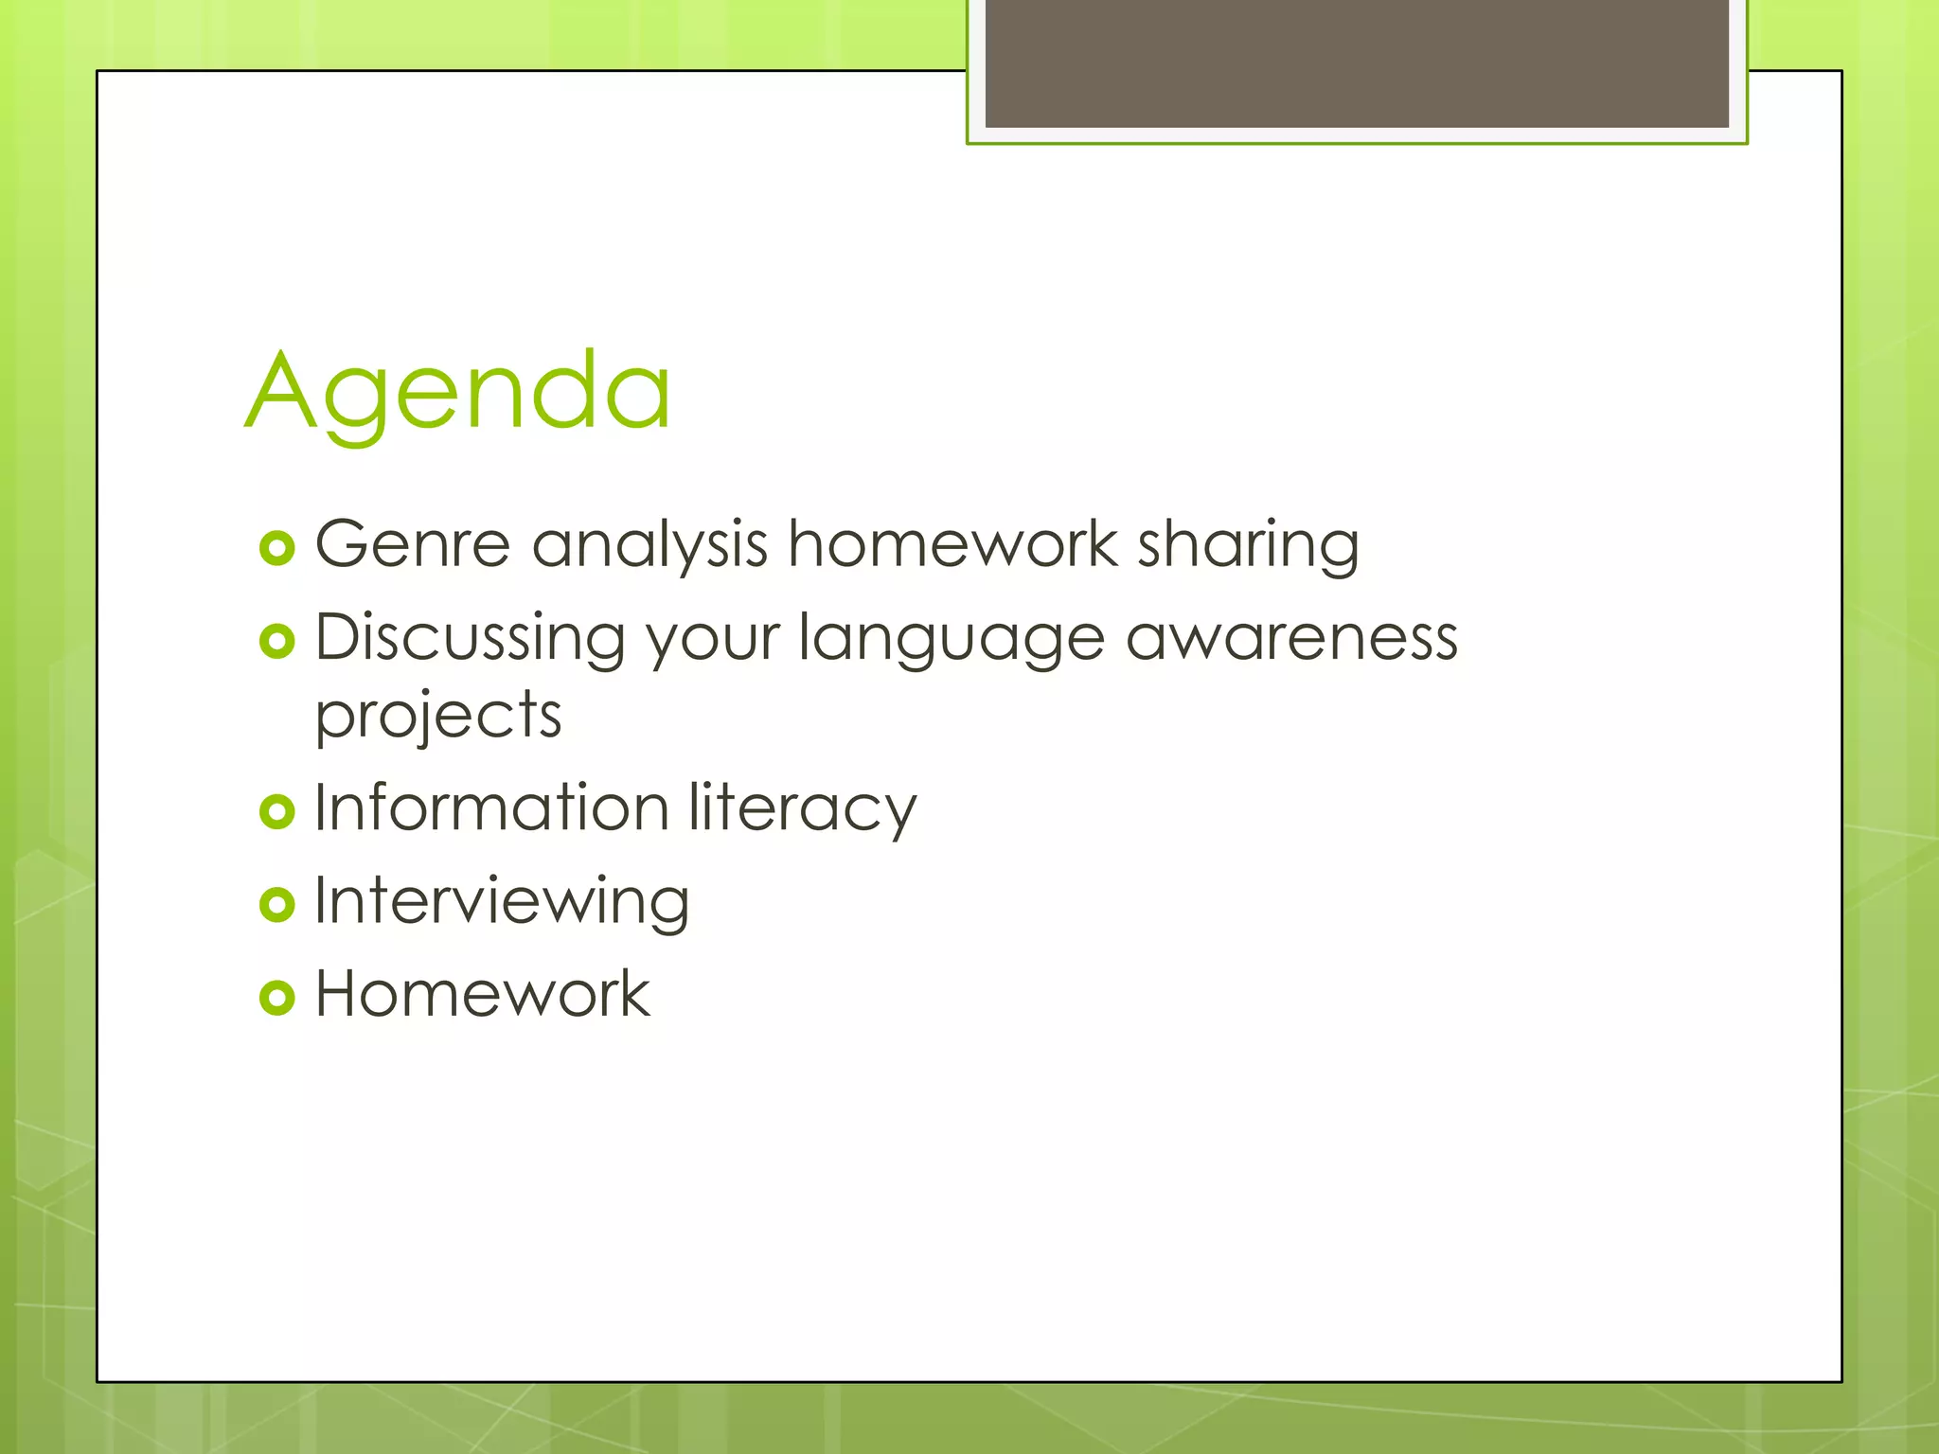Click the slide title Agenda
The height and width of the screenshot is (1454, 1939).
coord(458,391)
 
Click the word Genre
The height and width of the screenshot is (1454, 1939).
coord(413,545)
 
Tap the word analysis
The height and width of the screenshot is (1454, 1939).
coord(649,547)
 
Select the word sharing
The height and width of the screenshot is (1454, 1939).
coord(1248,547)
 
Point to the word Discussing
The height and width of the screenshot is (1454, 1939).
coord(470,638)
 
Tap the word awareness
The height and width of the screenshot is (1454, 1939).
coord(1291,638)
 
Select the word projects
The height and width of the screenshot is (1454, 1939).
coord(438,717)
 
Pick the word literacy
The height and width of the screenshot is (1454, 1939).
coord(802,809)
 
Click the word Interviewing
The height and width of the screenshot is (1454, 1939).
coord(502,902)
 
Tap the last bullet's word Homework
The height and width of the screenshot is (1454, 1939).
coord(482,994)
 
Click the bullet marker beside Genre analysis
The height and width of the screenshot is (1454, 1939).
coord(277,548)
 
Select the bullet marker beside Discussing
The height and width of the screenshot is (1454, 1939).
coord(277,642)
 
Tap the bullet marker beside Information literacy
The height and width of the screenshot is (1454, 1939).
coord(277,811)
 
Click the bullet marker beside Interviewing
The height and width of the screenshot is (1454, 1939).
coord(277,904)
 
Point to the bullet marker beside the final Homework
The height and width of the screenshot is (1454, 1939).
coord(277,997)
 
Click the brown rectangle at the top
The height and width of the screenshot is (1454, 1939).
coord(1357,62)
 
